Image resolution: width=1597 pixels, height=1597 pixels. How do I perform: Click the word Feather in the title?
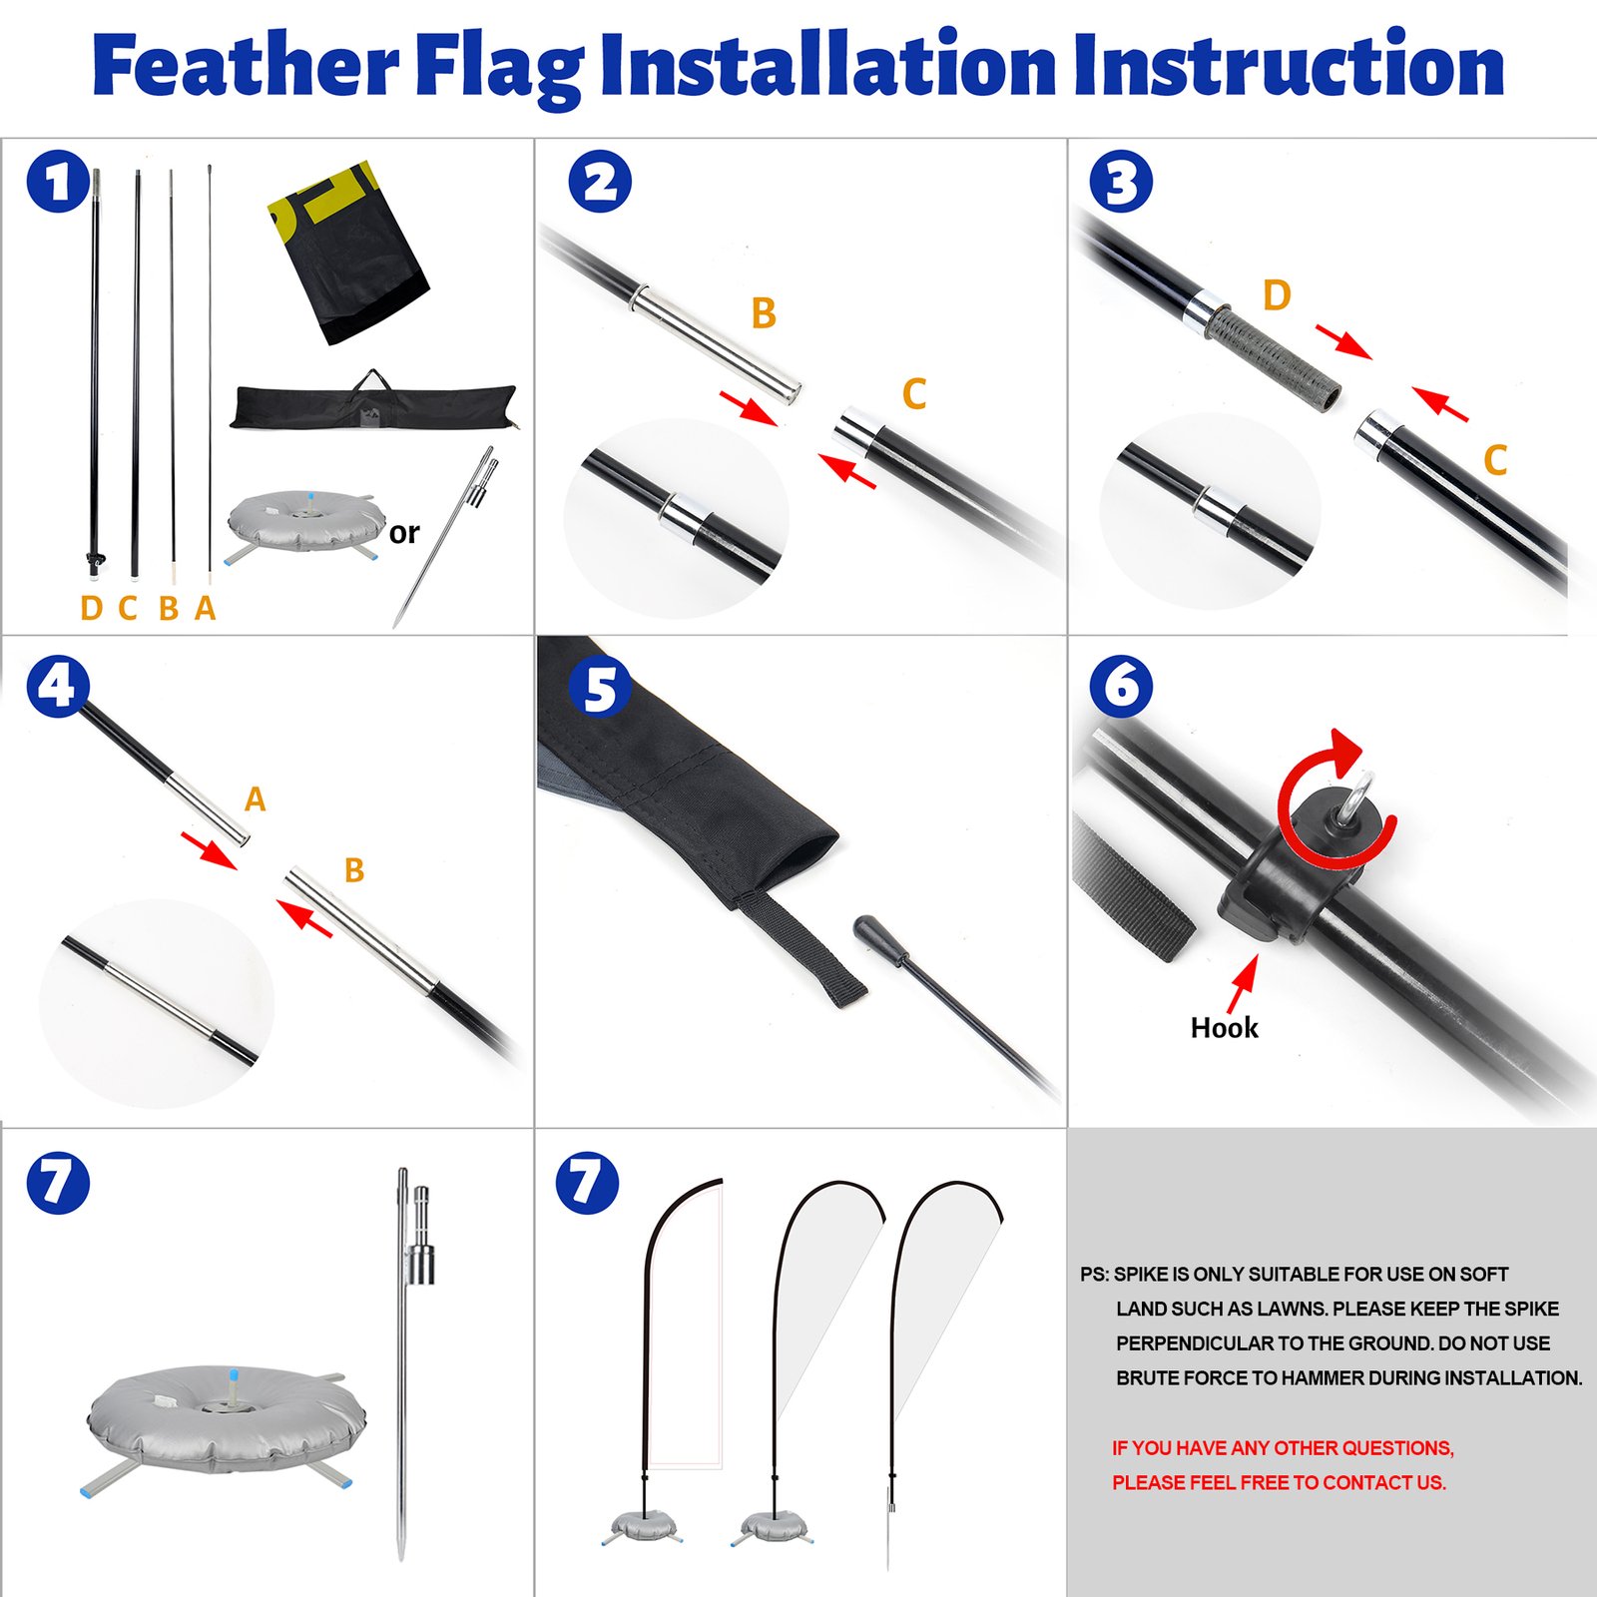(245, 66)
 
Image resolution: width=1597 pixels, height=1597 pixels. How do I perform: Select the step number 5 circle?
(599, 688)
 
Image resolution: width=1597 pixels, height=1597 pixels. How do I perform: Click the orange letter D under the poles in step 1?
(91, 608)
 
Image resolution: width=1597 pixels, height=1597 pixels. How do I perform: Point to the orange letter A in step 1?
(205, 608)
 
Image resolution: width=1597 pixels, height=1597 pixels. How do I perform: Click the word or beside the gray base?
(404, 533)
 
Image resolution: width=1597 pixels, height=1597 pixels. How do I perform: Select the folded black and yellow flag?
(347, 255)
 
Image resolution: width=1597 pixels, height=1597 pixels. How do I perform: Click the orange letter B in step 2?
(764, 313)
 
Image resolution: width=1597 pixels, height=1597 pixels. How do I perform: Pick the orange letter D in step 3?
(1277, 295)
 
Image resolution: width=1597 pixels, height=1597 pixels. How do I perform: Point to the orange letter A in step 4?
(255, 799)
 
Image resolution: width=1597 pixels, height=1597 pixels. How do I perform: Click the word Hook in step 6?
(1224, 1028)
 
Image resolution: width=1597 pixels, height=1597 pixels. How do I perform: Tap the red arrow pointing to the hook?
(1242, 982)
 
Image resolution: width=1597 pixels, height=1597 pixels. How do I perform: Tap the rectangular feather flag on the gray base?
(684, 1328)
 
